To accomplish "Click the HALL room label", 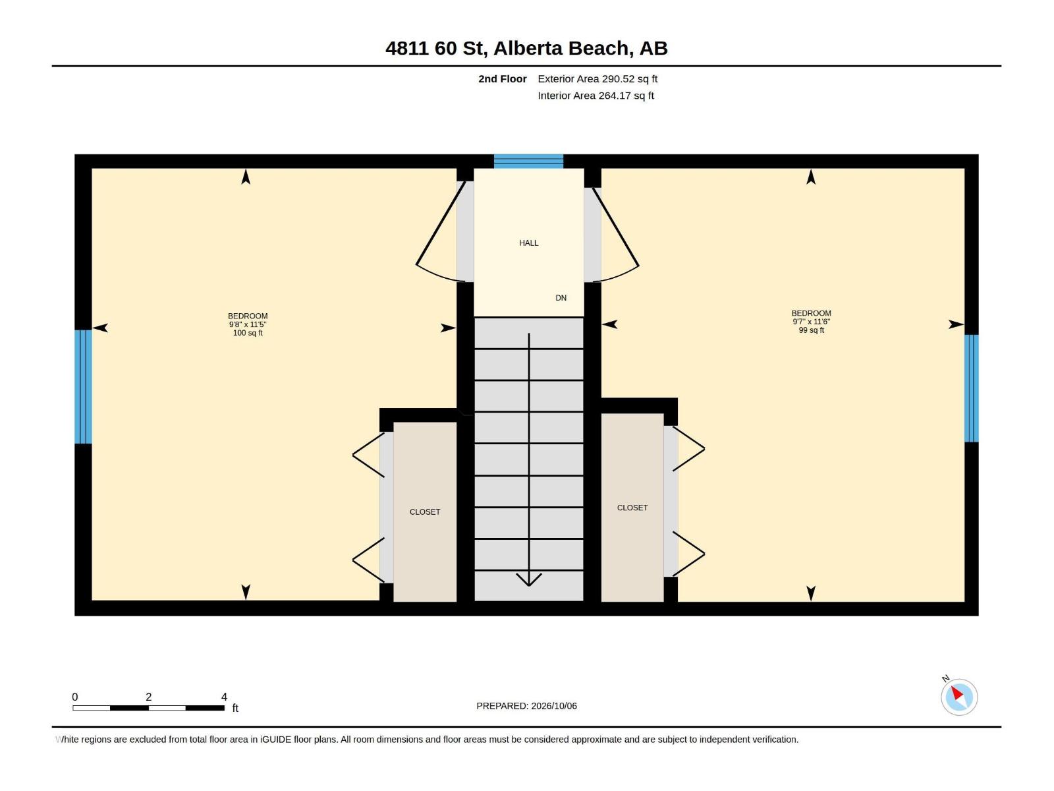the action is tap(528, 243).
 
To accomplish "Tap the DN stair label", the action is tap(561, 298).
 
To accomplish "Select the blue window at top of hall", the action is tap(528, 161).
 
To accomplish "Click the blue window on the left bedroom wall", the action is tap(83, 386).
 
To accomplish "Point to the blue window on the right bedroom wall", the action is tap(971, 388).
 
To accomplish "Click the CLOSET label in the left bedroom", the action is tap(424, 512).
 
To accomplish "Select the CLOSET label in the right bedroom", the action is tap(632, 508).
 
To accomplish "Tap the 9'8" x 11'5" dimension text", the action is tap(247, 325).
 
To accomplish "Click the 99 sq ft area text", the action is tap(811, 330).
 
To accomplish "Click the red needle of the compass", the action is tap(957, 693).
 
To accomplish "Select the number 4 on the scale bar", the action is tap(224, 697).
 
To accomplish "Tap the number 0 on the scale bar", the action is tap(74, 697).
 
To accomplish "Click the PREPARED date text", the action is tap(526, 706).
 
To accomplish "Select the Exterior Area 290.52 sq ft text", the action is tap(597, 78).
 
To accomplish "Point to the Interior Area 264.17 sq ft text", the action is tap(596, 96).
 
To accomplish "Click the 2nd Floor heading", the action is tap(502, 78).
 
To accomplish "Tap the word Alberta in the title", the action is tap(527, 48).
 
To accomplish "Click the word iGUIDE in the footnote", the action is tap(275, 740).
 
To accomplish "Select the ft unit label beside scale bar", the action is tap(235, 708).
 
